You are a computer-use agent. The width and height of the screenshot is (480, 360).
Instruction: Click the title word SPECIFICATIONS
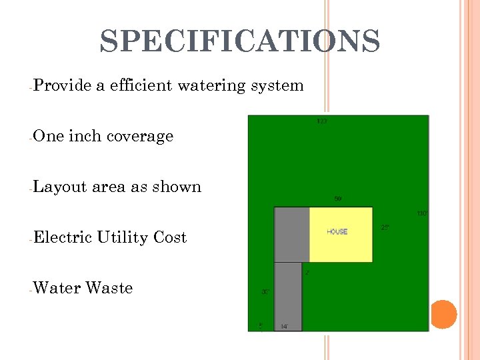pyautogui.click(x=240, y=41)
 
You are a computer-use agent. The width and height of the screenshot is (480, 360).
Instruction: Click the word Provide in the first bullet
pyautogui.click(x=61, y=85)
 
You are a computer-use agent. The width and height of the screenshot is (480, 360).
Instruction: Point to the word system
pyautogui.click(x=277, y=86)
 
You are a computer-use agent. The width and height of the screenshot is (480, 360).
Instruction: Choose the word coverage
pyautogui.click(x=140, y=137)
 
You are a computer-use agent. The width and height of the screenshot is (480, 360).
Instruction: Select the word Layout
pyautogui.click(x=60, y=187)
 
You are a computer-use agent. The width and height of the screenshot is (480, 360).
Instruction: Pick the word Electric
pyautogui.click(x=62, y=237)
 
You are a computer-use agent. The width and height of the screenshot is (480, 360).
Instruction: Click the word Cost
pyautogui.click(x=170, y=237)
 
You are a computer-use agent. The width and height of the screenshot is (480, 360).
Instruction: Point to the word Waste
pyautogui.click(x=109, y=288)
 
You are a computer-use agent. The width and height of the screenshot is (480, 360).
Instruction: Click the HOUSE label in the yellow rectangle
pyautogui.click(x=337, y=232)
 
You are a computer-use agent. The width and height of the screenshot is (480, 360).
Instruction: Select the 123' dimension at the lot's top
pyautogui.click(x=322, y=121)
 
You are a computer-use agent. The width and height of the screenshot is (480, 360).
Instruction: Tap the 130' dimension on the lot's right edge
pyautogui.click(x=422, y=213)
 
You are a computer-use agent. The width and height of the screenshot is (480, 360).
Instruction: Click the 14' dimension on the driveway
pyautogui.click(x=284, y=326)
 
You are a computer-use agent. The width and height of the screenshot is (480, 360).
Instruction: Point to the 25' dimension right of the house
pyautogui.click(x=385, y=227)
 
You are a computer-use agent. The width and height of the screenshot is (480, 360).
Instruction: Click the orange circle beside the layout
pyautogui.click(x=443, y=313)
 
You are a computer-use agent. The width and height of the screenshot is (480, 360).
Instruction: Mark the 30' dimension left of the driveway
pyautogui.click(x=265, y=291)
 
